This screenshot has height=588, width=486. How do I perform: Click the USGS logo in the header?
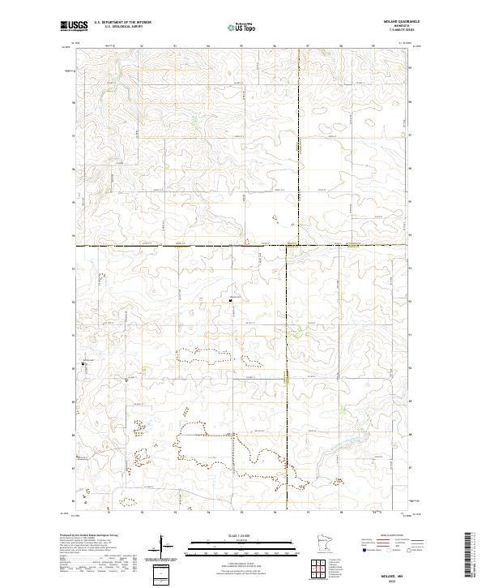72,27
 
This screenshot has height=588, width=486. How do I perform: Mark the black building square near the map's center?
231,299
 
